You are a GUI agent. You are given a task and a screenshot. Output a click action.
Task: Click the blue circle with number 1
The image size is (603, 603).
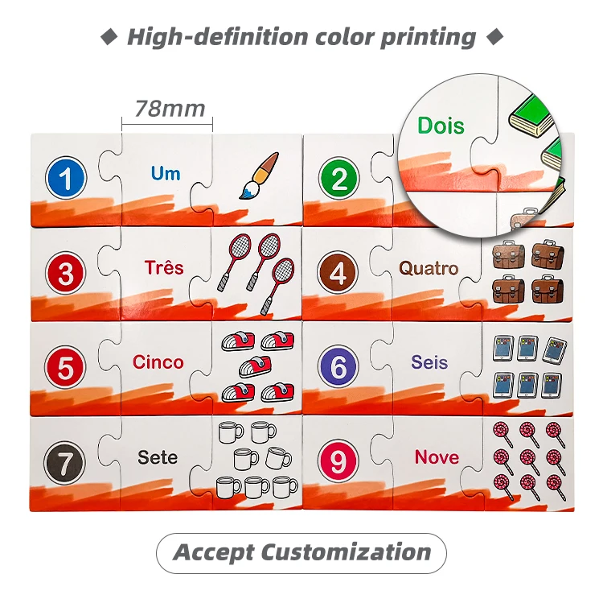tap(67, 179)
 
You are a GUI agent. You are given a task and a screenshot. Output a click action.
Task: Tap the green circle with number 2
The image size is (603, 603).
tap(338, 179)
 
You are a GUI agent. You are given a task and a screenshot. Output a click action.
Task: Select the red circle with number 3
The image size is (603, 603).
tap(67, 273)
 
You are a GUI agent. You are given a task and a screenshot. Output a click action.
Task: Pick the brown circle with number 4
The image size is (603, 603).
tap(338, 274)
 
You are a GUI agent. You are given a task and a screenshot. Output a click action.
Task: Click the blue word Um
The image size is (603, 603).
tap(166, 173)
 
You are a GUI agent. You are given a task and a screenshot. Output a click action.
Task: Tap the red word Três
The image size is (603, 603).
tap(164, 267)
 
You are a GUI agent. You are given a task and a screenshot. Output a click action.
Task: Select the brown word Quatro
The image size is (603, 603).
tap(429, 268)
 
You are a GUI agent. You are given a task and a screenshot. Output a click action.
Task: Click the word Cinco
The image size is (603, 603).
tap(158, 362)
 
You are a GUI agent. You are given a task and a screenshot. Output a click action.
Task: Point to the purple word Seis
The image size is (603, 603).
tap(429, 362)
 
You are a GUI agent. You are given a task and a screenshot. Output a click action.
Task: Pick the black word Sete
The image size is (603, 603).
tap(158, 457)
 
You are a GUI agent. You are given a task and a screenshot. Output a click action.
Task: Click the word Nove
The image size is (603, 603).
tap(437, 457)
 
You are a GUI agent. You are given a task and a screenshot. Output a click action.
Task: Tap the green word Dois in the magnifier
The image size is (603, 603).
tap(441, 126)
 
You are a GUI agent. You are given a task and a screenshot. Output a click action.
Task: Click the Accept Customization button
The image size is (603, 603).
tap(301, 553)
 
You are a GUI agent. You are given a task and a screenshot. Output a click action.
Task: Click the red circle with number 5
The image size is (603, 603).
tap(67, 368)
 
